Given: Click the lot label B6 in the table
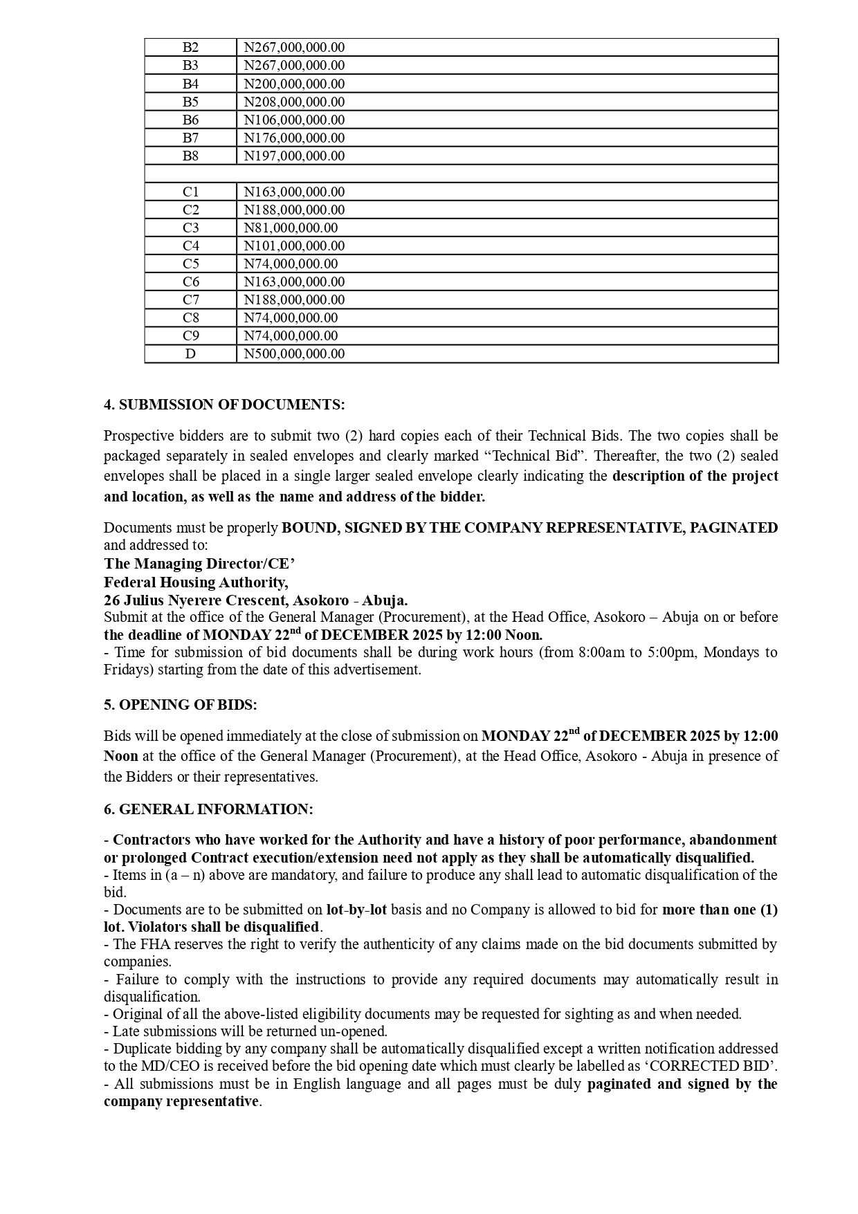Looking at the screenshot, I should point(190,120).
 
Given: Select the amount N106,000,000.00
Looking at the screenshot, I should point(294,120).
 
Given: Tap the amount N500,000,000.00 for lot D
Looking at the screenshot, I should point(294,353).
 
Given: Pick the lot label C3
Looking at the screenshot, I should point(190,228).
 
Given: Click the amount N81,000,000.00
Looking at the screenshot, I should point(291,228).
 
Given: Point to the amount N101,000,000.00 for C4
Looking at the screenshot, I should point(294,246).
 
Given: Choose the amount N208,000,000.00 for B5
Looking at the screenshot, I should point(294,102).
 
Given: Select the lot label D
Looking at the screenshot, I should point(190,353).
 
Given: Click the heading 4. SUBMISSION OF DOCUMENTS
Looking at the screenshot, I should point(224,405).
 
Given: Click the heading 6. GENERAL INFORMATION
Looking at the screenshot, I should point(208,809).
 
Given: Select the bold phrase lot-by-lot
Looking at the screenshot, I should point(356,910).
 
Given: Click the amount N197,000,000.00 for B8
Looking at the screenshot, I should point(294,156).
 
